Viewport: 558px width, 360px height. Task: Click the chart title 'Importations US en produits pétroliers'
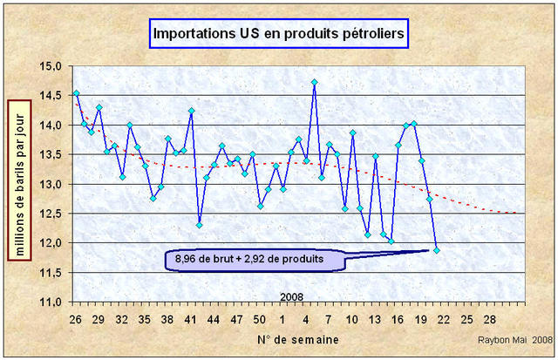coord(276,34)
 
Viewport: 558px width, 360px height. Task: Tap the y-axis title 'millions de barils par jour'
coord(17,179)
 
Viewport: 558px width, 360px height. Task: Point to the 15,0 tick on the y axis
coord(51,66)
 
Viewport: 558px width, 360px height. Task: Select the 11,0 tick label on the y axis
coord(51,302)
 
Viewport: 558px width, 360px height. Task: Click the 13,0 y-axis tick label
coord(51,184)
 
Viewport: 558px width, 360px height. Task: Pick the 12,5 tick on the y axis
coord(51,214)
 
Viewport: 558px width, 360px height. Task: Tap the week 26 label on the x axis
coord(76,318)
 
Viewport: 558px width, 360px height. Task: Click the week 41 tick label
coord(191,318)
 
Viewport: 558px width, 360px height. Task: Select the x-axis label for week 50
coord(260,318)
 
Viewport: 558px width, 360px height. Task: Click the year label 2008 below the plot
coord(292,297)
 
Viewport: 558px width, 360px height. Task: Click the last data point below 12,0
coord(437,250)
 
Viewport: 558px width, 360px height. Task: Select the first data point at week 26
coord(76,92)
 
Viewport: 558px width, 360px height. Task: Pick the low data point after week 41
coord(199,225)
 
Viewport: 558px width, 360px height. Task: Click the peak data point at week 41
coord(191,111)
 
